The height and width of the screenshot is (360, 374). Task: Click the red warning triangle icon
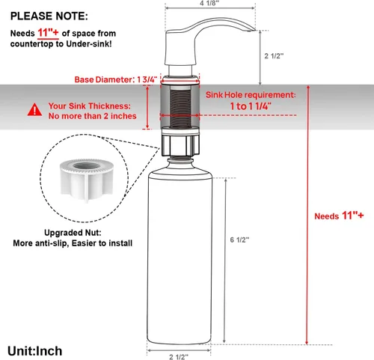[34, 110]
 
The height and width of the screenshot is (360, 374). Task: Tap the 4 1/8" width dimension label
[209, 4]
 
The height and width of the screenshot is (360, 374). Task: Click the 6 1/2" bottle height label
[239, 240]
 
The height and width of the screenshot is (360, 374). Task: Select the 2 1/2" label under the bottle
[179, 357]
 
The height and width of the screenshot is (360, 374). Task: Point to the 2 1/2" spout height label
[274, 55]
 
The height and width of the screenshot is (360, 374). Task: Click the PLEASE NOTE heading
[49, 16]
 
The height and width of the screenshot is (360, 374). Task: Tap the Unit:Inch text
[35, 351]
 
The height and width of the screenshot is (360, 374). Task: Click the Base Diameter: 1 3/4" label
[116, 79]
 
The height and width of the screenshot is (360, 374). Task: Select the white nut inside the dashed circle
[87, 180]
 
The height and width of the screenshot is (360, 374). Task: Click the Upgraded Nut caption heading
[73, 233]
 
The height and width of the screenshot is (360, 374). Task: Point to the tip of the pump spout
[254, 31]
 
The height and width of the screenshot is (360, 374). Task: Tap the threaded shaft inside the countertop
[180, 108]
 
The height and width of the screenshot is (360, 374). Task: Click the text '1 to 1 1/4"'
[251, 106]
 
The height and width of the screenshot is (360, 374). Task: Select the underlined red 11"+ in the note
[48, 33]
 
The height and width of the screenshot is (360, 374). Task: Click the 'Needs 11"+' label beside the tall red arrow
[339, 216]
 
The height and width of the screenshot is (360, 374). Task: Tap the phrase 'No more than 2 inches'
[93, 116]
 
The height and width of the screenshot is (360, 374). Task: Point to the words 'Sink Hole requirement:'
[251, 95]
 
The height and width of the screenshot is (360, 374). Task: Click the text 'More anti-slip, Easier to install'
[73, 243]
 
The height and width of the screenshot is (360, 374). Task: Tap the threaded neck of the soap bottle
[180, 159]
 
